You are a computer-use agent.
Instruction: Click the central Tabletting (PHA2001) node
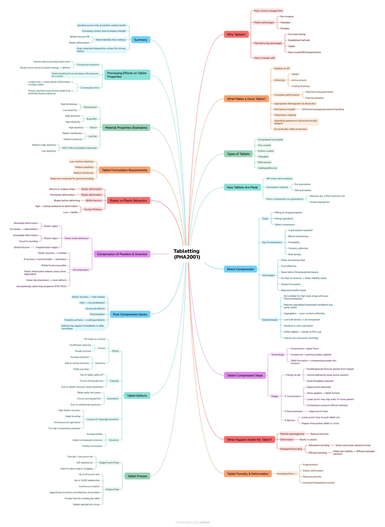tap(187, 254)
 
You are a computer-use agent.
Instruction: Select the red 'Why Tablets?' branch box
tap(236, 34)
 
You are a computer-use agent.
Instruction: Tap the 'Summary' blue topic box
tap(141, 40)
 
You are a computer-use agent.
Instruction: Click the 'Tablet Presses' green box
tap(137, 476)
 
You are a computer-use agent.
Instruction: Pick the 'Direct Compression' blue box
tap(240, 269)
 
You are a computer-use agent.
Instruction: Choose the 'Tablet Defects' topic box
tap(137, 395)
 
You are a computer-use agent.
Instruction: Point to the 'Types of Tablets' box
tap(238, 154)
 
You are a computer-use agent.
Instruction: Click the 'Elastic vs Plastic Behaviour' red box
tap(128, 200)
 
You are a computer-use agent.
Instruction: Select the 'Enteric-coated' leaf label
tap(266, 151)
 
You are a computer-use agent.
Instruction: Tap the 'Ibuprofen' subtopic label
tap(91, 119)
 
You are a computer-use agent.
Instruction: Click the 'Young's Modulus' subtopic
tap(93, 209)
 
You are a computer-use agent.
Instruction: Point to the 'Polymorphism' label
tap(97, 314)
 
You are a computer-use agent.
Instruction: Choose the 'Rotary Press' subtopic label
tap(113, 489)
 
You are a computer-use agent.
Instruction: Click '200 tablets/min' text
tap(84, 463)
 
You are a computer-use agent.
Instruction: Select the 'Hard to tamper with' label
tap(264, 58)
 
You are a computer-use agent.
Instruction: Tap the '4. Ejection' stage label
tap(290, 420)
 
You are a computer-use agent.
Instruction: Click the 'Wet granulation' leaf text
tap(303, 190)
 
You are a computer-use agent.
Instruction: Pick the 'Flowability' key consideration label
tap(294, 242)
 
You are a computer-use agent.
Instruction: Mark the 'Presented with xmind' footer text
tap(192, 522)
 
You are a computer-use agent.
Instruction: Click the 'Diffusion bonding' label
tap(317, 453)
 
